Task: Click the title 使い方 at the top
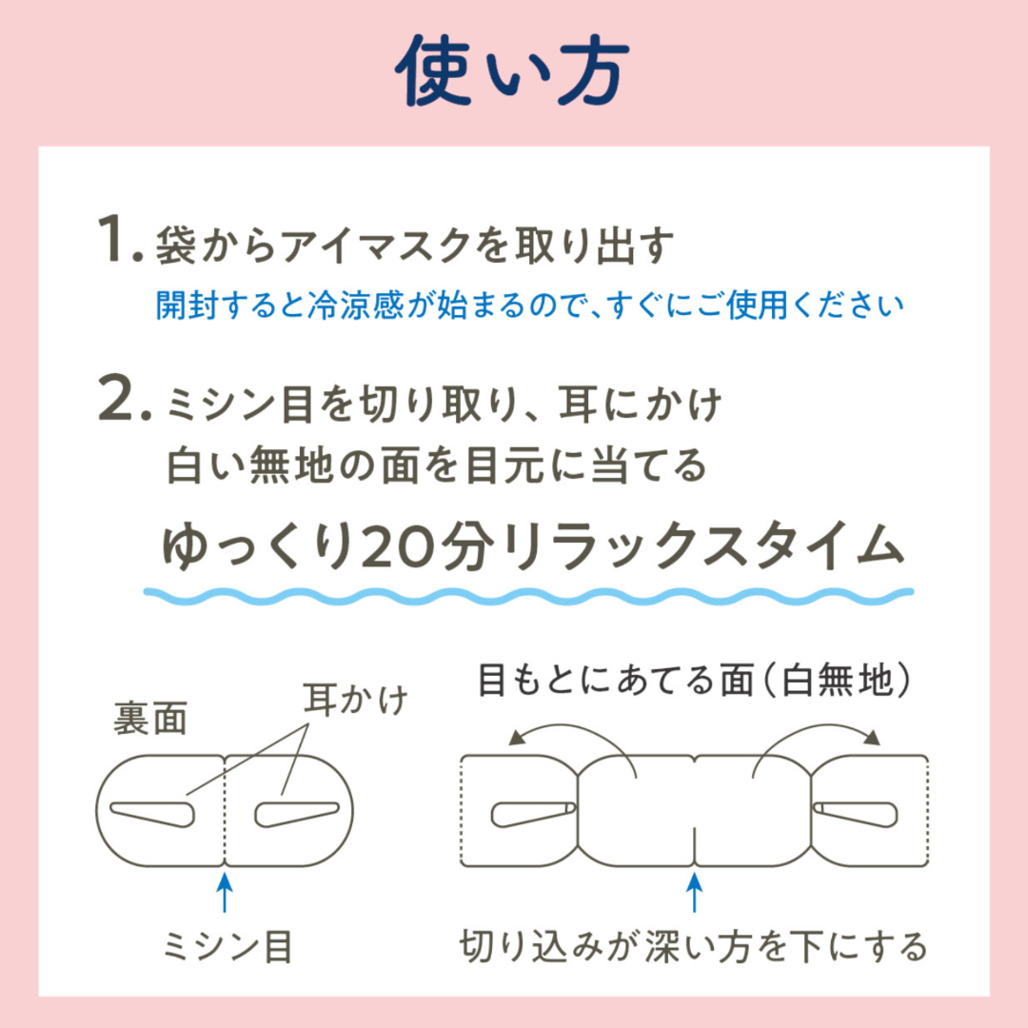coord(513,70)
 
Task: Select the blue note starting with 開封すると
coord(530,306)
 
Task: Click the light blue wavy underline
coord(528,596)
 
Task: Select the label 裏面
coord(150,718)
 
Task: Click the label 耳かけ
coord(355,699)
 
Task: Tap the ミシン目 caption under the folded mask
coord(227,947)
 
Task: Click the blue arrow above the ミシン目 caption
coord(225,890)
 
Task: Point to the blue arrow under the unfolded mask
coord(694,890)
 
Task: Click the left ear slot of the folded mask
coord(152,814)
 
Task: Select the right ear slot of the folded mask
coord(297,814)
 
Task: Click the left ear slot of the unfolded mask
coord(533,814)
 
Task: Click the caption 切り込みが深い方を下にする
coord(694,947)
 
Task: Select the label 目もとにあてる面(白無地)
coord(694,680)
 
